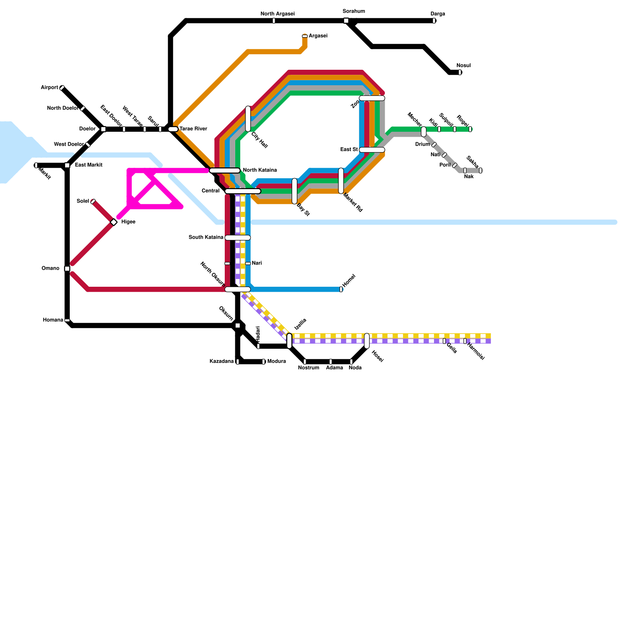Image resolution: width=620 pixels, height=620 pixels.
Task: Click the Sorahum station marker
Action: pos(346,21)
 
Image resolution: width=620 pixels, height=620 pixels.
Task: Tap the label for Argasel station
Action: pos(318,36)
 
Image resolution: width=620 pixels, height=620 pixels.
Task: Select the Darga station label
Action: pos(438,14)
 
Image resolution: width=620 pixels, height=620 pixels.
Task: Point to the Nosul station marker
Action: pos(460,72)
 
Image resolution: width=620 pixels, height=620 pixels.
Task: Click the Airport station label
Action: pos(49,88)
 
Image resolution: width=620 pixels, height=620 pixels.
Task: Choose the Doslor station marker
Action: pos(103,129)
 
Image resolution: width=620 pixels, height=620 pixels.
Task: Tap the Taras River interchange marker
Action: pos(173,129)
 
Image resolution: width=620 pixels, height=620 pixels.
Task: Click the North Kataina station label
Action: pos(260,170)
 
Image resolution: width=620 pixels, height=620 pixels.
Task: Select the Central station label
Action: pos(210,191)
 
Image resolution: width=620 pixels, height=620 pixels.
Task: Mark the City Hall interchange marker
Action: pos(248,119)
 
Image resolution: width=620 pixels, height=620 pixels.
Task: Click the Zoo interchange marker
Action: pos(372,98)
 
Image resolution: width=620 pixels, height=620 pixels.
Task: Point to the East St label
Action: pos(349,150)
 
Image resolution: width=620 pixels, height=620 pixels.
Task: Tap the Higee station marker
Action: pos(114,222)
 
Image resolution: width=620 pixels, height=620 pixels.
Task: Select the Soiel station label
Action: pos(83,201)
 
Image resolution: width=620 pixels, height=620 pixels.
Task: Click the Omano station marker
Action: pos(67,269)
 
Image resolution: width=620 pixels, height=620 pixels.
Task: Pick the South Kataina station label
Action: pos(206,237)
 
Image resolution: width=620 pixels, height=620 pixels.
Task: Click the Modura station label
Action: pos(276,362)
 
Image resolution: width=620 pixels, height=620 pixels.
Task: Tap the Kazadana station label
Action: pos(221,362)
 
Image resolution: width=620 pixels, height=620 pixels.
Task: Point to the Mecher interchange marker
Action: pos(424,132)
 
